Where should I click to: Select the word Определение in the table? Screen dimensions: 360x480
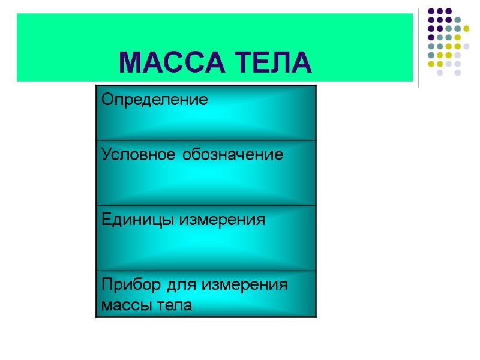(x=155, y=100)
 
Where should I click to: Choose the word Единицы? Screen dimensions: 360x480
(x=139, y=220)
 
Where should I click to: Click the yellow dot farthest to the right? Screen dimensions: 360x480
(x=466, y=28)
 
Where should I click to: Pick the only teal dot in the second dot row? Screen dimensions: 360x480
(x=457, y=19)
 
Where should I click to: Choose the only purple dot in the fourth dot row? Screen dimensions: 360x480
(x=431, y=37)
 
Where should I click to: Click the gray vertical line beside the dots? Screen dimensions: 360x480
(x=418, y=48)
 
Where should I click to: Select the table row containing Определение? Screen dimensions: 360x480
(x=206, y=113)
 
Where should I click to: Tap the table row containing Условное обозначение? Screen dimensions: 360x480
(x=206, y=173)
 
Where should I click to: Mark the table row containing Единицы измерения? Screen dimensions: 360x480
(x=206, y=238)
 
